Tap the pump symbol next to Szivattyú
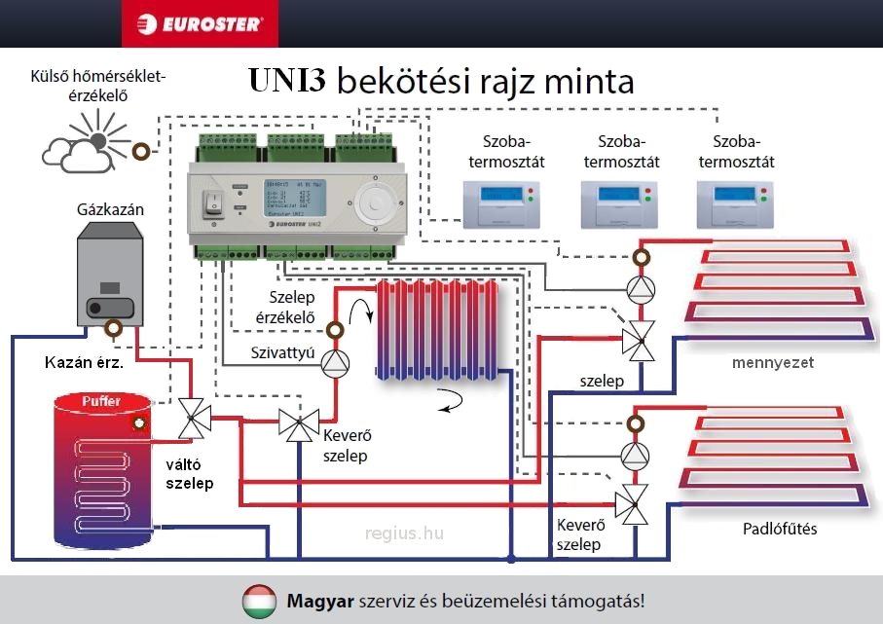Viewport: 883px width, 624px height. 335,362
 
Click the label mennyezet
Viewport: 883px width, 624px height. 772,363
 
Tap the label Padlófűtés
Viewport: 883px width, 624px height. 780,529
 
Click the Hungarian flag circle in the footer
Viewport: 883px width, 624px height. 259,601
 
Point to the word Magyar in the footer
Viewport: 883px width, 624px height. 320,601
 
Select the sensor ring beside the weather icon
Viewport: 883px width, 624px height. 142,151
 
